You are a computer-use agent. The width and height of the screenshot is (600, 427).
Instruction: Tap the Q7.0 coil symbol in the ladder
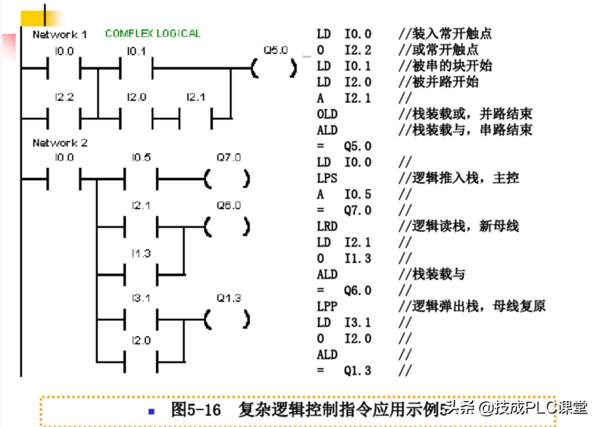click(227, 179)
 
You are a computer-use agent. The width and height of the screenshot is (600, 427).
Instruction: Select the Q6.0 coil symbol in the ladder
click(227, 226)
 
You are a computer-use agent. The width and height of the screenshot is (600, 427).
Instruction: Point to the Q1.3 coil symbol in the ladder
click(227, 319)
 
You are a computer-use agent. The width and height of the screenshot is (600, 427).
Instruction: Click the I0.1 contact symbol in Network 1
click(138, 69)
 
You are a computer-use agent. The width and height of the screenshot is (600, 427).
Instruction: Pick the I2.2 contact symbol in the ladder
click(64, 117)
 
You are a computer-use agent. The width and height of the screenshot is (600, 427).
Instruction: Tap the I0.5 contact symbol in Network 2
click(141, 179)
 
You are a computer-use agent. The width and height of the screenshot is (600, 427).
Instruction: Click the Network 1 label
click(60, 35)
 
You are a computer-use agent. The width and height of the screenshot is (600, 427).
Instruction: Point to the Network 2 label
click(60, 142)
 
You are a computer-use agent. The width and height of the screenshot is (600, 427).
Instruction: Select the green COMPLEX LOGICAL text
click(153, 33)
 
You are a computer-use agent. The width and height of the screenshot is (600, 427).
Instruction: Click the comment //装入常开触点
click(445, 34)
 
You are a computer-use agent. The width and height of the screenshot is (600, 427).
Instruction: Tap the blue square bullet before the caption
click(152, 411)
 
